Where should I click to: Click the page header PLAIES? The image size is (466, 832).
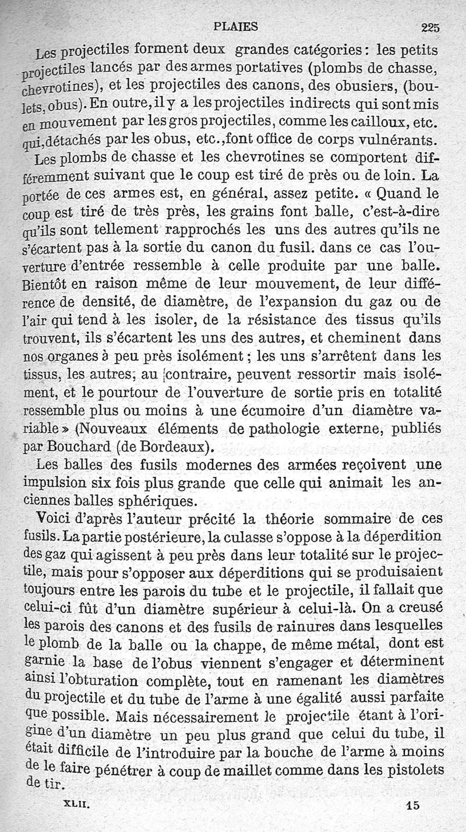click(236, 26)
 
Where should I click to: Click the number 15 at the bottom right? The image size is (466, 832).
click(414, 806)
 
